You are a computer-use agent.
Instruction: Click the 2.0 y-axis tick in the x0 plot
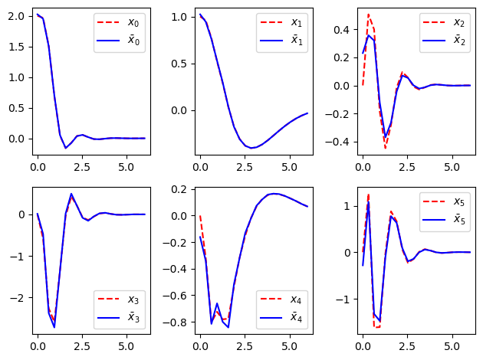click(16, 16)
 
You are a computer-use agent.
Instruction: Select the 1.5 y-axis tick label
click(16, 47)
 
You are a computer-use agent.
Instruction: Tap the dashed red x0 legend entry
click(118, 22)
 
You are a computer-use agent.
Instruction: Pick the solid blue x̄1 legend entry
click(281, 41)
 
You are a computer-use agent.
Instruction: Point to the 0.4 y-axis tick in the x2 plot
click(342, 30)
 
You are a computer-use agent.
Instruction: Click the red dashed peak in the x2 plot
click(369, 15)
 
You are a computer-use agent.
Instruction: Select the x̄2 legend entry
click(444, 41)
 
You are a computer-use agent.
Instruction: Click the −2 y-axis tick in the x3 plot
click(17, 298)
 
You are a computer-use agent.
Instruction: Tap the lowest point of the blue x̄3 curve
click(54, 327)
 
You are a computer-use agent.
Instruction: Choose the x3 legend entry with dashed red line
click(118, 299)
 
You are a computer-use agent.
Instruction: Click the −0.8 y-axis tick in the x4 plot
click(175, 322)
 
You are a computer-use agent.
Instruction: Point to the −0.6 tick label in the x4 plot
click(175, 296)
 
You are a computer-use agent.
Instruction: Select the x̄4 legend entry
click(281, 317)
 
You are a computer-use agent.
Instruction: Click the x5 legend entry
click(444, 201)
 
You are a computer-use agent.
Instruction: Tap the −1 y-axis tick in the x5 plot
click(343, 299)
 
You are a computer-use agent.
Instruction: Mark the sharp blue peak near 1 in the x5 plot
click(369, 201)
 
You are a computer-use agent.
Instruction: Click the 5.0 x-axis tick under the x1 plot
click(289, 167)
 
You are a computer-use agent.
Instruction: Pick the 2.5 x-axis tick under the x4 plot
click(245, 346)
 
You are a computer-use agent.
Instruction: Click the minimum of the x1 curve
click(251, 148)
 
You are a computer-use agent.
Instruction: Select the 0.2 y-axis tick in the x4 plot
click(179, 189)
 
